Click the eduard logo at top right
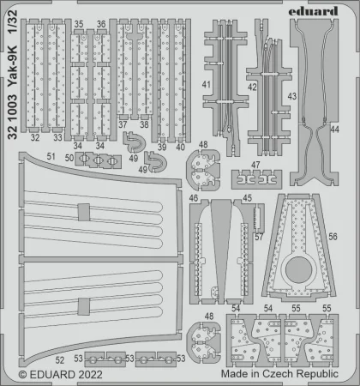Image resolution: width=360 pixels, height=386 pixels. [313, 11]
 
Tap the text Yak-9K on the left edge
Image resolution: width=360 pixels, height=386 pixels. [13, 66]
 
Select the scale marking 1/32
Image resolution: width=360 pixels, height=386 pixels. [13, 22]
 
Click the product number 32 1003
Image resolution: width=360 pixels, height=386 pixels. [13, 118]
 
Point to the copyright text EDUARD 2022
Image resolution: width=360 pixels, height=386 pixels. [61, 375]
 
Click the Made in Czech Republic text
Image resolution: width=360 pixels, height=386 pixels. [279, 374]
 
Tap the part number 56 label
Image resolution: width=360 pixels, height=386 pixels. [333, 237]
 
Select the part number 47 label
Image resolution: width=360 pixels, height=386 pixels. [255, 165]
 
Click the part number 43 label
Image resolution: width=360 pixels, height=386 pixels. [292, 96]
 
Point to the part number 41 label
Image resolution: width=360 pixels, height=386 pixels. [207, 84]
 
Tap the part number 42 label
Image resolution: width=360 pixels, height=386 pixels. [252, 87]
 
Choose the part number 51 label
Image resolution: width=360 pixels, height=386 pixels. [51, 156]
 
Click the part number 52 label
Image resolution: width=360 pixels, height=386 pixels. [60, 360]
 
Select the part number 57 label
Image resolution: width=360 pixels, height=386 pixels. [259, 237]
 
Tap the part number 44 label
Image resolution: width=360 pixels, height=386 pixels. [334, 130]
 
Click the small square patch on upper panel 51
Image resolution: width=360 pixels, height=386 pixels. [84, 212]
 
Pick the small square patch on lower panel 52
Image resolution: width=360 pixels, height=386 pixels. [84, 306]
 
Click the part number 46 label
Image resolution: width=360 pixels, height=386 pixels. [194, 198]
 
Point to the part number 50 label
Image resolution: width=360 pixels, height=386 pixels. [69, 158]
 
